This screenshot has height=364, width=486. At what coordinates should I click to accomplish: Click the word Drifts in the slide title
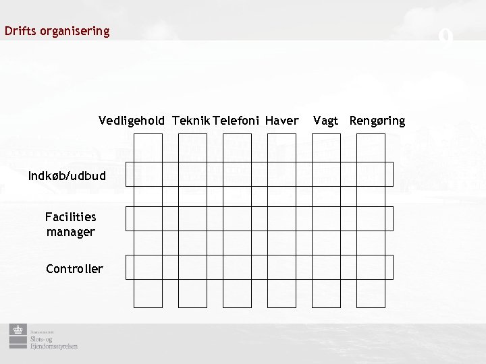18,31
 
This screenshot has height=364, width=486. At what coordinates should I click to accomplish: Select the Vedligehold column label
131,121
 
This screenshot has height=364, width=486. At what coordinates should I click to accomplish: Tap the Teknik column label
190,121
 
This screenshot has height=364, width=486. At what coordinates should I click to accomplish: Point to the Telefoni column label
236,121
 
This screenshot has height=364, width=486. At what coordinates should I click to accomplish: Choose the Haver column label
281,121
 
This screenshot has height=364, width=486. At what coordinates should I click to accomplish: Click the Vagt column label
325,121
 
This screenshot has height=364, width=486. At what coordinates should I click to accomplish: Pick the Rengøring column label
377,121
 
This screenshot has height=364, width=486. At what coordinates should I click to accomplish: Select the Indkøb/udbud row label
67,176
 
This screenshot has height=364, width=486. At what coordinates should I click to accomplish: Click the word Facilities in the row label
70,217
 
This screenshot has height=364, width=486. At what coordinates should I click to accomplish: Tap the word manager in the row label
70,232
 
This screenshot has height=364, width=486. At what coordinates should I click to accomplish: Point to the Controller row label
74,269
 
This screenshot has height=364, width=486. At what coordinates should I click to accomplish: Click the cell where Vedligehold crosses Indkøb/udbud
148,174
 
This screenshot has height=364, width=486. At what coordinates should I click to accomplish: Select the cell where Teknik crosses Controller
192,268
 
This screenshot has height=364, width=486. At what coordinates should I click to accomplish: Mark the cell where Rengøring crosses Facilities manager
371,219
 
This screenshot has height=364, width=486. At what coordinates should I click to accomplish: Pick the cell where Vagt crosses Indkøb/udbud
326,174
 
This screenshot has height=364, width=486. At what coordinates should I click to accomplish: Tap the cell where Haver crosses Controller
281,268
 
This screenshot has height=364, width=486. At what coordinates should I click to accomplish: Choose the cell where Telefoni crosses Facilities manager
237,219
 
